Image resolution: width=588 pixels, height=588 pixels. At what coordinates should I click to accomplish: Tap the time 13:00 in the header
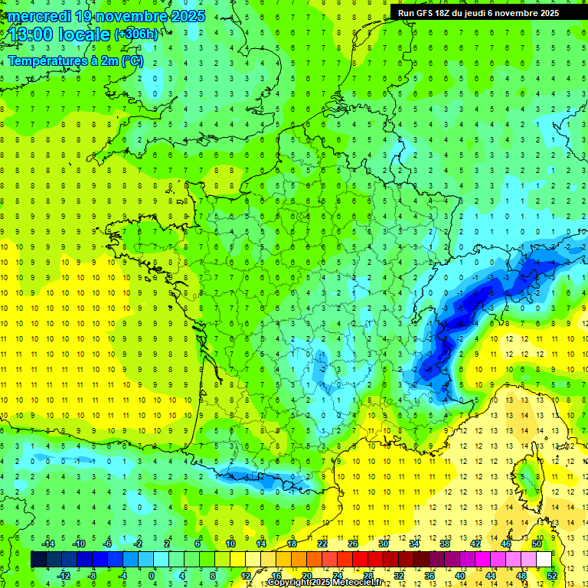(x=31, y=34)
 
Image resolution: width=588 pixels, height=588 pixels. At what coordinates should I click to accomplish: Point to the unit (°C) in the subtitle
(x=131, y=61)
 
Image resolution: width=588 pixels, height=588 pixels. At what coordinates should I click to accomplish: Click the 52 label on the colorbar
(x=551, y=576)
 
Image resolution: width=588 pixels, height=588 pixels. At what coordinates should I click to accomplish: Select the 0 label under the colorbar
(x=151, y=576)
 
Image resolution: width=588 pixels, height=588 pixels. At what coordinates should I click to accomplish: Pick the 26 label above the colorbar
(x=352, y=544)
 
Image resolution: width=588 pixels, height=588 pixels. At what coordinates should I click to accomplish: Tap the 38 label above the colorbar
(x=444, y=544)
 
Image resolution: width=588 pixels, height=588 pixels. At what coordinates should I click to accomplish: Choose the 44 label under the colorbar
(x=490, y=576)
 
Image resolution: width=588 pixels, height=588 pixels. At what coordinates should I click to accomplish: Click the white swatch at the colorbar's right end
(x=544, y=560)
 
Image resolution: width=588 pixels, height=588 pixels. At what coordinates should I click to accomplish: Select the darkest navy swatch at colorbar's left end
(x=38, y=560)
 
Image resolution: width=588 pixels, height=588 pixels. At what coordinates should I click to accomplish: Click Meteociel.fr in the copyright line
(x=353, y=583)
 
